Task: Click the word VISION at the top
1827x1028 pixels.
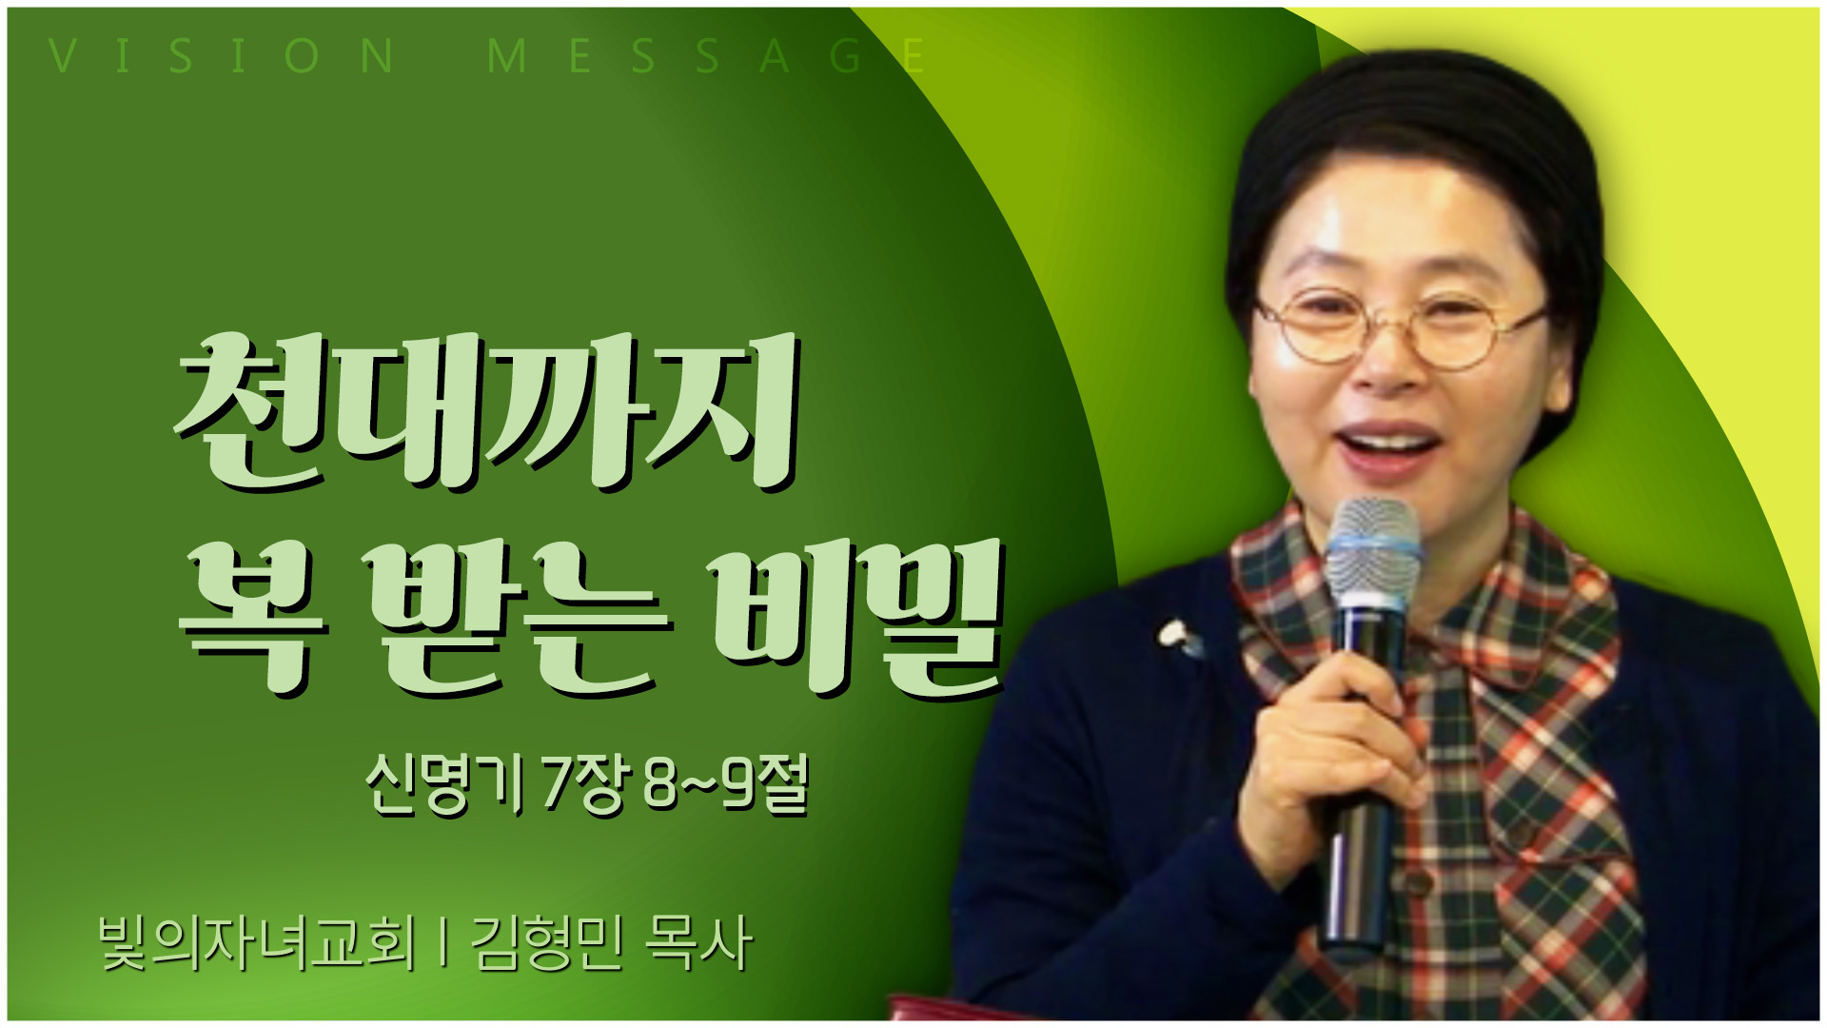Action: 222,55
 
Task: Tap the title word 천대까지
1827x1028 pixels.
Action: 485,411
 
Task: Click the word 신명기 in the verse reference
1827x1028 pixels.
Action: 444,784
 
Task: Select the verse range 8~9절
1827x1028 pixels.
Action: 726,784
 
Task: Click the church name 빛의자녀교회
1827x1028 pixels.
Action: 258,942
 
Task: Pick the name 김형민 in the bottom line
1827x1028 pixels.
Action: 547,942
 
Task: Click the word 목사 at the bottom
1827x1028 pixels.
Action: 699,942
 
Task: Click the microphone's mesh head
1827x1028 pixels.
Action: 1372,557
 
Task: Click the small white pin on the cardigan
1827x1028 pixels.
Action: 1178,636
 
